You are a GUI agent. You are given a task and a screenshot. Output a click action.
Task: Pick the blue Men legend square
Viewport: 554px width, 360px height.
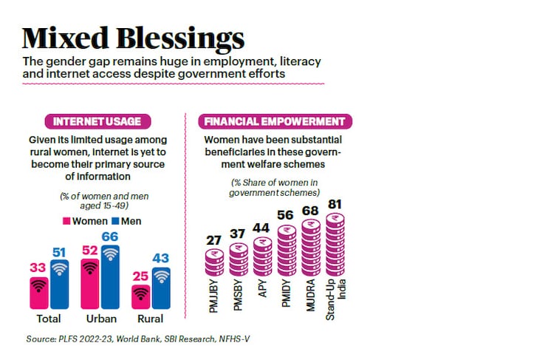(115, 221)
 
